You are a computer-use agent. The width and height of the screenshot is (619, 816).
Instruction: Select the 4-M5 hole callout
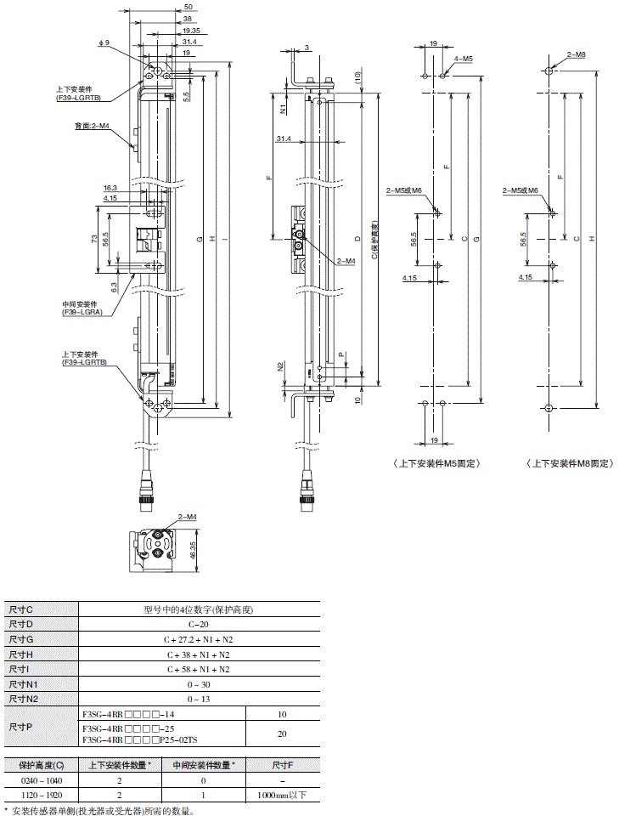point(464,58)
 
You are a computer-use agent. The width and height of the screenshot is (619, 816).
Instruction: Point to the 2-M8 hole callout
point(575,54)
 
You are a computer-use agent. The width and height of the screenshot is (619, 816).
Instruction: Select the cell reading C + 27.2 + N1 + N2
point(199,639)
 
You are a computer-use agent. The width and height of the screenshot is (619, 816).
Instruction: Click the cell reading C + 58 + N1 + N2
point(199,669)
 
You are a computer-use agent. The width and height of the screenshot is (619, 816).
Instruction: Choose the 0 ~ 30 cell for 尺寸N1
point(199,684)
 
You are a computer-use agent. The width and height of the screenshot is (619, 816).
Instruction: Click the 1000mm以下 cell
point(282,795)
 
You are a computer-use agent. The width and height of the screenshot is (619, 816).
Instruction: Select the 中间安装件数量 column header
point(204,764)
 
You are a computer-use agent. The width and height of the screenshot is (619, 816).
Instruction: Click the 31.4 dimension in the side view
point(284,139)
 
